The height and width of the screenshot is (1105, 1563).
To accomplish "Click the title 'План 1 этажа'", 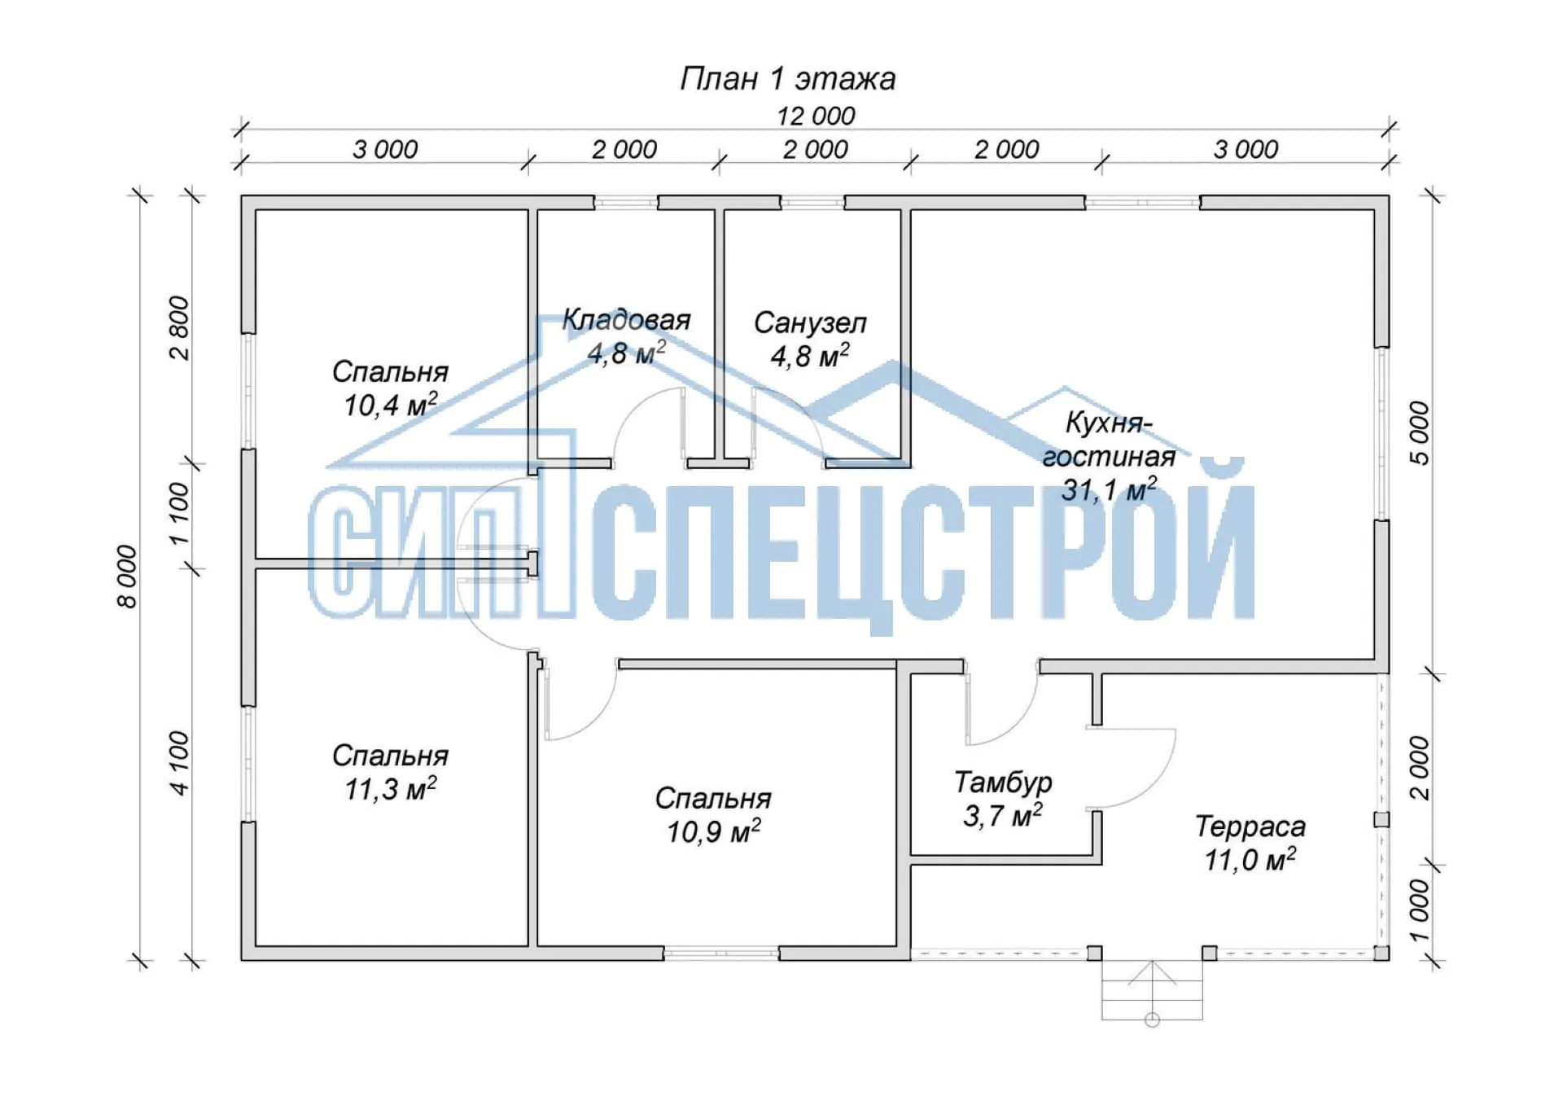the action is point(787,79).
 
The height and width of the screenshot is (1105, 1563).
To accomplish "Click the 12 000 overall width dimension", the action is point(815,116).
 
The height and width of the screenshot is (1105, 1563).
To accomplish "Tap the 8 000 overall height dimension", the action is point(129,577).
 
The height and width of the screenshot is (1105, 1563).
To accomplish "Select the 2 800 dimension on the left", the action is point(179,328).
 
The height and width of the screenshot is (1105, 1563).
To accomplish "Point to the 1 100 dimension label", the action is point(179,515).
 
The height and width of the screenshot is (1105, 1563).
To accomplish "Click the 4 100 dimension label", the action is point(179,763).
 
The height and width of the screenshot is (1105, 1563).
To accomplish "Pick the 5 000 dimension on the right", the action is point(1419,433).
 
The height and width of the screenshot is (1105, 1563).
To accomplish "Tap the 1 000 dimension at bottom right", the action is point(1419,910).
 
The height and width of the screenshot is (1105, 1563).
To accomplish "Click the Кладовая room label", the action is point(626,320).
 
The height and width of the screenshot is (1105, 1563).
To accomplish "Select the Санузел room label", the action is point(810,323).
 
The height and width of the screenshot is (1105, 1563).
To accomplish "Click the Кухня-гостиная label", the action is point(1109,440).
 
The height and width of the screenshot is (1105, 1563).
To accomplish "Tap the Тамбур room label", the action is point(1003,783).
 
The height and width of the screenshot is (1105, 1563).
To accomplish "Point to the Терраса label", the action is point(1250,827).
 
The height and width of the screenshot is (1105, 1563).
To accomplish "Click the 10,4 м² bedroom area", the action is point(390,404).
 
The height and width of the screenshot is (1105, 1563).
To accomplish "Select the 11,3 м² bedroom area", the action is point(390,788).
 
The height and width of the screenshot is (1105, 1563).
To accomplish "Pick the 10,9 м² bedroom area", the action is point(713,831).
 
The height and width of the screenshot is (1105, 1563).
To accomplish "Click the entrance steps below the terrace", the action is point(1152,990).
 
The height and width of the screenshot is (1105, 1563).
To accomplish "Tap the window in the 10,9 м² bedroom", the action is point(721,953).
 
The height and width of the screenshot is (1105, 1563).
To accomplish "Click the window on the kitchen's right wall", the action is point(1381,434).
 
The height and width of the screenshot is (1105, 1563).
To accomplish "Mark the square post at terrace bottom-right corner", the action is point(1381,953).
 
